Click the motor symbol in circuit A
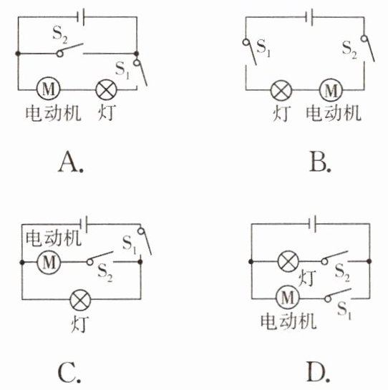(x=48, y=89)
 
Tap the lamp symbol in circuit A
(x=106, y=89)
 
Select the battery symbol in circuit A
(x=81, y=17)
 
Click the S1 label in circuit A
(x=122, y=70)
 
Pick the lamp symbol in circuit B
(x=281, y=90)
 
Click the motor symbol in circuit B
(x=331, y=90)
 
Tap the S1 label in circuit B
(x=263, y=48)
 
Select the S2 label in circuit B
(x=349, y=50)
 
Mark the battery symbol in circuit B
(x=309, y=17)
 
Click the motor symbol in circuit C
(x=49, y=262)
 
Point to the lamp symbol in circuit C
(x=80, y=300)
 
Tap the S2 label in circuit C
(x=105, y=273)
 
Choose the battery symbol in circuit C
(x=83, y=225)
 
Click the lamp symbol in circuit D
(x=288, y=261)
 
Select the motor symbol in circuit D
(x=288, y=297)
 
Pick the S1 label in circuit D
(x=344, y=310)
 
